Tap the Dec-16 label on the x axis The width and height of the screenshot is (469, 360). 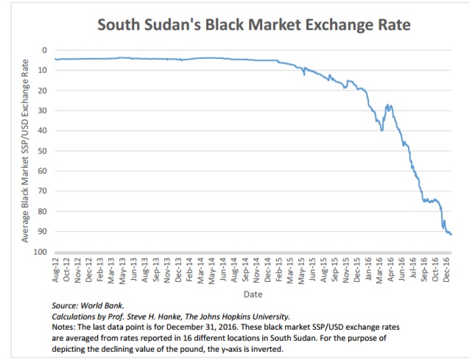click(448, 270)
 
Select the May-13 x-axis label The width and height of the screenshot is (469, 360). click(123, 270)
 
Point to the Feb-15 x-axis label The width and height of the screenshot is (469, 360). click(280, 270)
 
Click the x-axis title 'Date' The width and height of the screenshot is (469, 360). click(253, 294)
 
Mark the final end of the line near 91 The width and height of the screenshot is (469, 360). click(451, 234)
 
